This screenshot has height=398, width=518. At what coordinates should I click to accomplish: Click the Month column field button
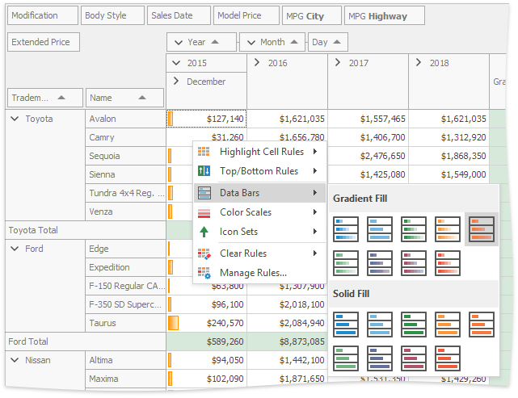[272, 42]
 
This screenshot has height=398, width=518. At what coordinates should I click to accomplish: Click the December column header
[206, 82]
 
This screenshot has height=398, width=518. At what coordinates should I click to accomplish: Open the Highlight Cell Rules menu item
[259, 151]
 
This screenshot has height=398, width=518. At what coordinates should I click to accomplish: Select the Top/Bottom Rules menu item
[259, 171]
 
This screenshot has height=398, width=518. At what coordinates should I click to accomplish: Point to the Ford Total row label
[29, 341]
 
